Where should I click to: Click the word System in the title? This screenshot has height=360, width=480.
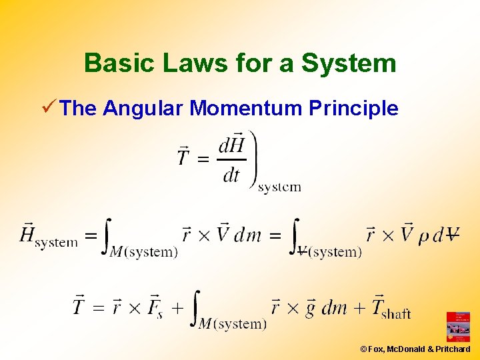coord(349,63)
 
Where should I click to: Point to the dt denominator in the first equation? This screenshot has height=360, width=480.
coord(231,175)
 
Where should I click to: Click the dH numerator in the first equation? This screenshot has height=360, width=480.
coord(231,145)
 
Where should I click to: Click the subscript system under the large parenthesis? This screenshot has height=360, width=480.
coord(279,187)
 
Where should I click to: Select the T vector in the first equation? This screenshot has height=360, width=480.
coord(184,157)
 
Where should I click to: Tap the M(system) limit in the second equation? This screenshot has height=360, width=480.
coord(145,252)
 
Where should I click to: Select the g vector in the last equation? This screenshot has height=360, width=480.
coord(310,307)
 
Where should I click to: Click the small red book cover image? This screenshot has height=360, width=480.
coord(458,327)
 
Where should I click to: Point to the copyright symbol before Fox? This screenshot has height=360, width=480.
coord(363,349)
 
